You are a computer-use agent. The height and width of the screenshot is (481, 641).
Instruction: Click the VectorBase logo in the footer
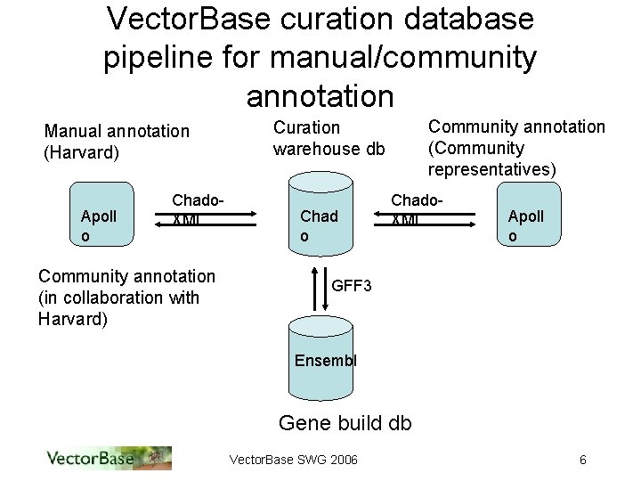coord(108,458)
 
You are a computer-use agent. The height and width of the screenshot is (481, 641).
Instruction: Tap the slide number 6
coord(582,460)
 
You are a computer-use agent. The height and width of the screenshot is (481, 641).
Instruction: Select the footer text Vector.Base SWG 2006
coord(294,460)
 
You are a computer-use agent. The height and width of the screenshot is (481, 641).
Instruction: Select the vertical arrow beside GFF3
coord(322,287)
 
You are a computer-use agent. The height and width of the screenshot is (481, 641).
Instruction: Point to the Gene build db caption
coord(345,422)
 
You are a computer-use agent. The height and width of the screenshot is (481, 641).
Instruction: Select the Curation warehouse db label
coord(329,138)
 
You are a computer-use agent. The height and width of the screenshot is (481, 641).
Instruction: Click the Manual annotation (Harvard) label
coord(117,142)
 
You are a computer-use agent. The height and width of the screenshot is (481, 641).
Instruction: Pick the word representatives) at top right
coord(492,168)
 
